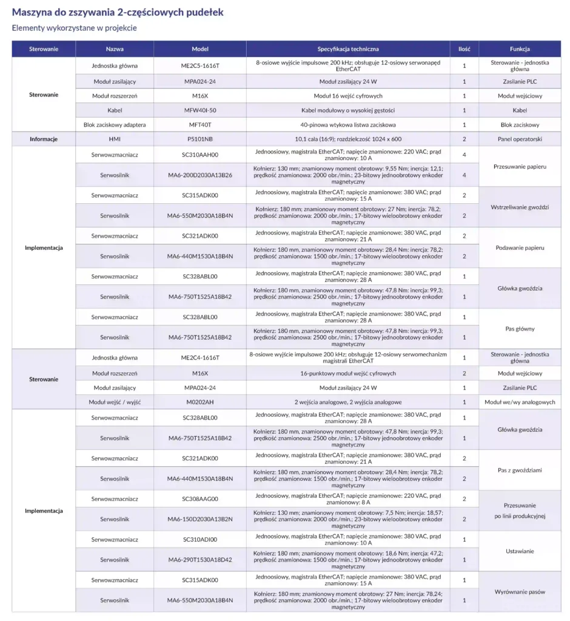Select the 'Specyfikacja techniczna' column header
point(348,49)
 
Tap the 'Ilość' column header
point(464,49)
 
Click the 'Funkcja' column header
point(520,49)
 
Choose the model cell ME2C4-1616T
point(200,358)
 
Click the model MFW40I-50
point(200,110)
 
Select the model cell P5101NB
point(200,139)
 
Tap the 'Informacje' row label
point(44,139)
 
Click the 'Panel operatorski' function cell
point(520,139)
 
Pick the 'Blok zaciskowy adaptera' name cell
point(115,125)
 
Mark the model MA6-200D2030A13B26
point(200,175)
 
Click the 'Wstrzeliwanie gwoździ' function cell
point(520,207)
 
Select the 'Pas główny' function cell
point(520,329)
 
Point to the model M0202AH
point(200,402)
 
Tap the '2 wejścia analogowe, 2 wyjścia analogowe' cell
point(348,402)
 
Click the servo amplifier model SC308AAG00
point(200,499)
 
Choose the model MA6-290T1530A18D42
point(200,560)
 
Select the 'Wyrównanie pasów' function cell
point(520,591)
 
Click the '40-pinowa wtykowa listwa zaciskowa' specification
point(348,125)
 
